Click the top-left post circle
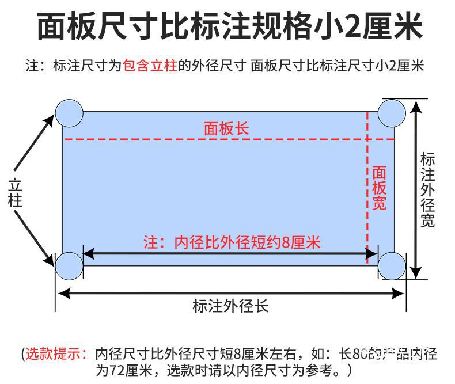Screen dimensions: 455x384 click(x=69, y=112)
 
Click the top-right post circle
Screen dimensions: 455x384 click(x=392, y=112)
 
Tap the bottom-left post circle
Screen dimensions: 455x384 click(x=69, y=265)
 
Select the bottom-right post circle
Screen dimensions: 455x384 click(x=392, y=265)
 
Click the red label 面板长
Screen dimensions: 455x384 click(x=226, y=128)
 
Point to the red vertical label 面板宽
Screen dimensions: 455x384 click(x=378, y=188)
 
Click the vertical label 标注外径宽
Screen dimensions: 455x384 click(x=427, y=190)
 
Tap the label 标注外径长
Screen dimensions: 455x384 click(x=230, y=306)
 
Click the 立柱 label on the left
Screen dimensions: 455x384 click(x=16, y=193)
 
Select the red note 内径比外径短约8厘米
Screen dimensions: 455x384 click(x=232, y=242)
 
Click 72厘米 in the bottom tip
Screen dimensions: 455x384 click(x=128, y=369)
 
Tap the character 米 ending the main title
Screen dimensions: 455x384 click(x=405, y=26)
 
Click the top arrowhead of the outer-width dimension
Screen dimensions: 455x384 click(x=417, y=105)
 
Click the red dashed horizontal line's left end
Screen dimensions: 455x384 click(x=66, y=139)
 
